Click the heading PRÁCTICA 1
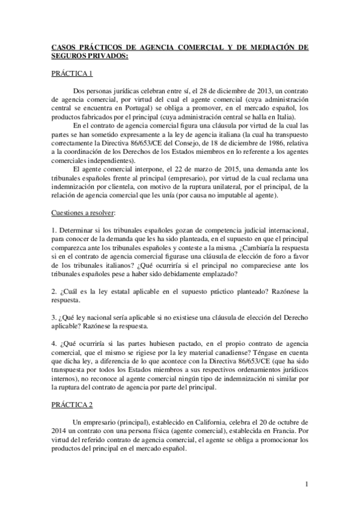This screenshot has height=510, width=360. tap(72, 74)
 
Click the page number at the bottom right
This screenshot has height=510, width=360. tap(307, 484)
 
